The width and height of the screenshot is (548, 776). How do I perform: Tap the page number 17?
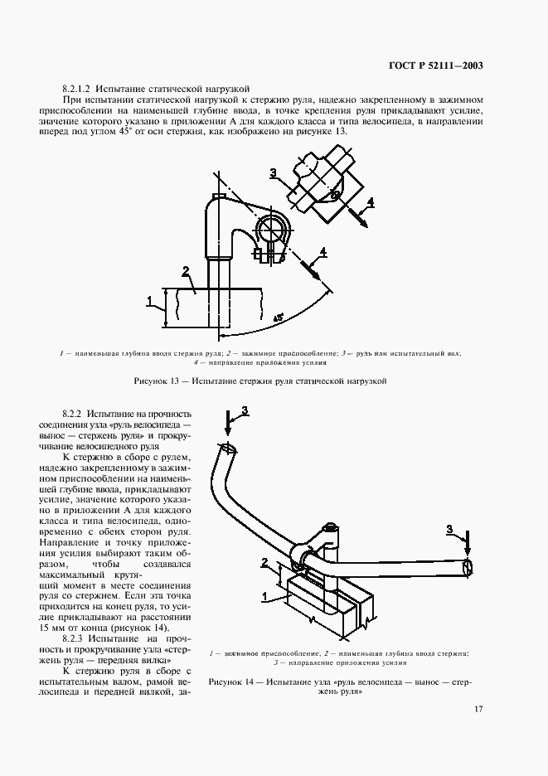click(x=479, y=709)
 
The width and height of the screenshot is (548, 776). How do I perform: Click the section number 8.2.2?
click(x=74, y=413)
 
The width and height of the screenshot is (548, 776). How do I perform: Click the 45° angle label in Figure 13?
click(x=278, y=318)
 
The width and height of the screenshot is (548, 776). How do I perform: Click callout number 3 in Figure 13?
click(x=273, y=172)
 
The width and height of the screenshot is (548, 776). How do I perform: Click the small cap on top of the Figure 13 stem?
click(x=220, y=196)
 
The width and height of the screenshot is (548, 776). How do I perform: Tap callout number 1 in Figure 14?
click(x=264, y=594)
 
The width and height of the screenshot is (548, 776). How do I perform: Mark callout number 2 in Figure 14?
click(x=264, y=563)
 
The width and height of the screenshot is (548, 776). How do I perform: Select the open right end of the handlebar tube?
click(x=468, y=568)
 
